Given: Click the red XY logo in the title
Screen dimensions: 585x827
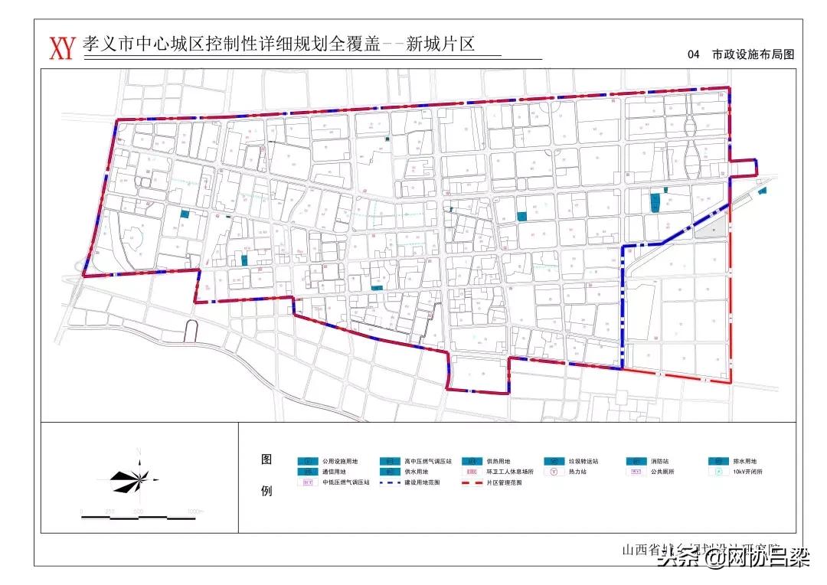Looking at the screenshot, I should pos(61,47).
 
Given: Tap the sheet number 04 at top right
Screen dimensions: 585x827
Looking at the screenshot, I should pos(695,54).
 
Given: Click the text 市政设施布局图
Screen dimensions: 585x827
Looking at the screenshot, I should pos(753,54).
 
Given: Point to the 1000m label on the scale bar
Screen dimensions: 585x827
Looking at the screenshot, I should pos(194,511).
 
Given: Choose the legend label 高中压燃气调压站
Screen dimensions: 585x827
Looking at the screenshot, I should pos(428,462).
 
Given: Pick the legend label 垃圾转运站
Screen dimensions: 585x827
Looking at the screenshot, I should pos(583,462).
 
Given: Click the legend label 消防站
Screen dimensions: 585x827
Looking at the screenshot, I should pos(659,462).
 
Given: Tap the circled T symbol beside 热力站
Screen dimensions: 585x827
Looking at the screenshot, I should pos(553,472).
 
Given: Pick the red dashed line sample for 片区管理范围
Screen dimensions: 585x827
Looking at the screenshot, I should pos(472,483).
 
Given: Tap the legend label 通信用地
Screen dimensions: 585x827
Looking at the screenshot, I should pos(335,472).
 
